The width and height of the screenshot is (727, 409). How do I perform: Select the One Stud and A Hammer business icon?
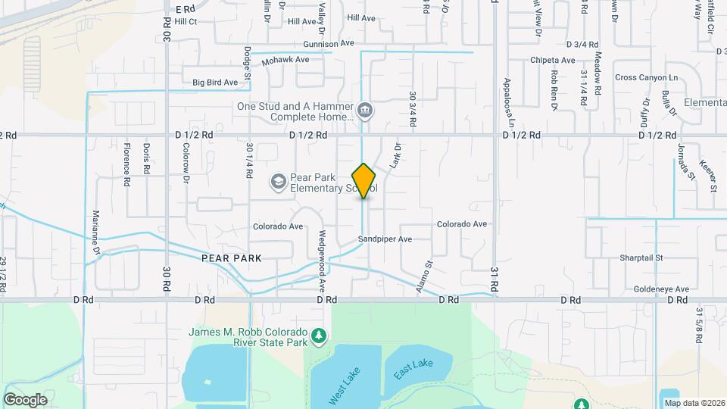click(365, 112)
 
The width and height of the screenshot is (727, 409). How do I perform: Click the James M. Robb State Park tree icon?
click(320, 334)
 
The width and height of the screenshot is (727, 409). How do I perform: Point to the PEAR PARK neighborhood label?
click(232, 258)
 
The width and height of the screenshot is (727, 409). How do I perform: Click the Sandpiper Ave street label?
click(385, 239)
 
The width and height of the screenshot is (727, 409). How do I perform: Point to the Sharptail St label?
click(641, 258)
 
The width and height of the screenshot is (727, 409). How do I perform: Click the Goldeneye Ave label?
click(661, 289)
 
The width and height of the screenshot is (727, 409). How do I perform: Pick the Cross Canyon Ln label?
click(646, 77)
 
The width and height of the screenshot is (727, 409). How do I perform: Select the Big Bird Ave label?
click(215, 82)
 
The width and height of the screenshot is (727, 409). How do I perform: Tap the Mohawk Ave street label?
click(285, 59)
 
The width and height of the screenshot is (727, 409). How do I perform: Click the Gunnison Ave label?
click(328, 44)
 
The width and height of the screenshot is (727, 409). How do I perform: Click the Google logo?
click(25, 400)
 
